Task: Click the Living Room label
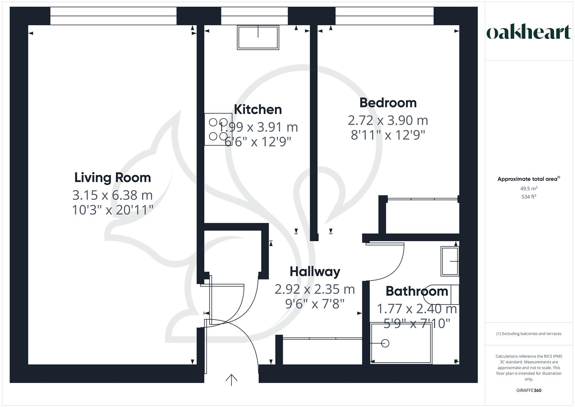[113, 177]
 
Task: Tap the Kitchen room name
[258, 109]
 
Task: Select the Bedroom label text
[388, 103]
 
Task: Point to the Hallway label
[315, 271]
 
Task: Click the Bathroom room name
[417, 291]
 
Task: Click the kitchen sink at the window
[258, 37]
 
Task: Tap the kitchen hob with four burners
[218, 129]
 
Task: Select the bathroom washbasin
[450, 261]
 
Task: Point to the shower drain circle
[385, 343]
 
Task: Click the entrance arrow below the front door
[231, 380]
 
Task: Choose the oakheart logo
[529, 32]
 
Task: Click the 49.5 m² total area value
[529, 188]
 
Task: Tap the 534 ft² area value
[529, 196]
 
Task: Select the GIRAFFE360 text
[529, 390]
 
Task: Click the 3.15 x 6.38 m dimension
[113, 195]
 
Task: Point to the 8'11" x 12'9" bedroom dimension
[388, 135]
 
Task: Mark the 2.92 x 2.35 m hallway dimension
[315, 289]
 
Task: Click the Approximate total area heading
[529, 179]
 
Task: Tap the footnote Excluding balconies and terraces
[529, 334]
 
